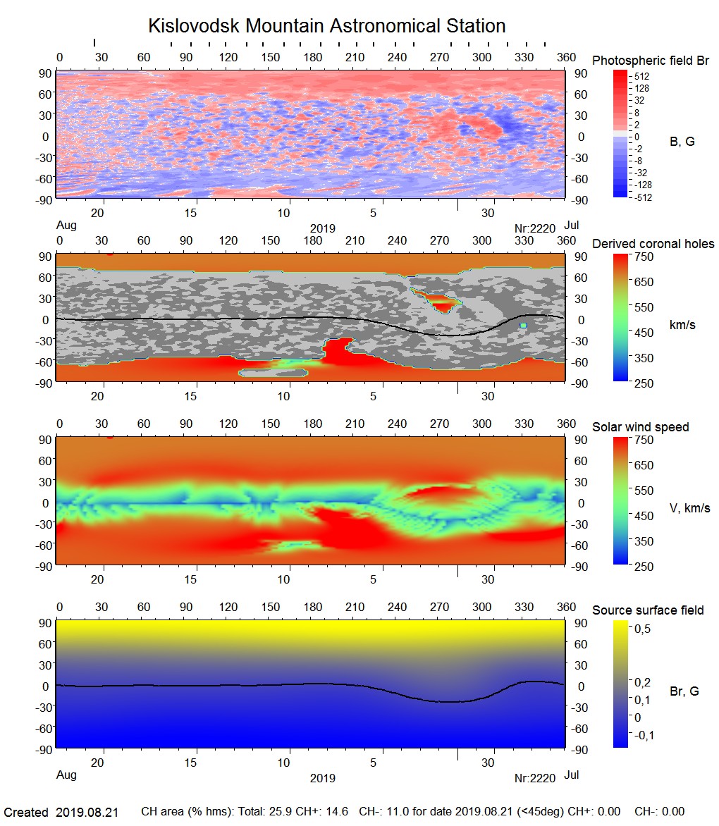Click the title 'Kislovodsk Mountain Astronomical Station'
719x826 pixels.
pyautogui.click(x=326, y=26)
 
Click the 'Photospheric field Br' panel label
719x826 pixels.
pyautogui.click(x=651, y=61)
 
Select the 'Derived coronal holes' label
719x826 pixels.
pyautogui.click(x=653, y=244)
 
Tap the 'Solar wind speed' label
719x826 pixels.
pyautogui.click(x=641, y=427)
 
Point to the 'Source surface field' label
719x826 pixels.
pyautogui.click(x=648, y=610)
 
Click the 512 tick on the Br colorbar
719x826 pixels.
pyautogui.click(x=641, y=76)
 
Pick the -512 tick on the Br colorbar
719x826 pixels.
pyautogui.click(x=642, y=197)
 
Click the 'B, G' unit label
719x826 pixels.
pyautogui.click(x=682, y=142)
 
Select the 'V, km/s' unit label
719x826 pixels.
pyautogui.click(x=689, y=508)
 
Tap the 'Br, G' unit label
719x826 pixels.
pyautogui.click(x=684, y=691)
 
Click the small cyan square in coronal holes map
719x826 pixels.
pyautogui.click(x=523, y=326)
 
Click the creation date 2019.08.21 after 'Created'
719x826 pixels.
pyautogui.click(x=87, y=813)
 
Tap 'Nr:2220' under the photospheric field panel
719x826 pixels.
pyautogui.click(x=535, y=228)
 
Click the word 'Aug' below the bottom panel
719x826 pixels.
pyautogui.click(x=66, y=775)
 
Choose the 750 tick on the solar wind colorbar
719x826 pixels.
pyautogui.click(x=644, y=440)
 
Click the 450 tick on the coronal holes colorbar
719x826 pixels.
pyautogui.click(x=644, y=333)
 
